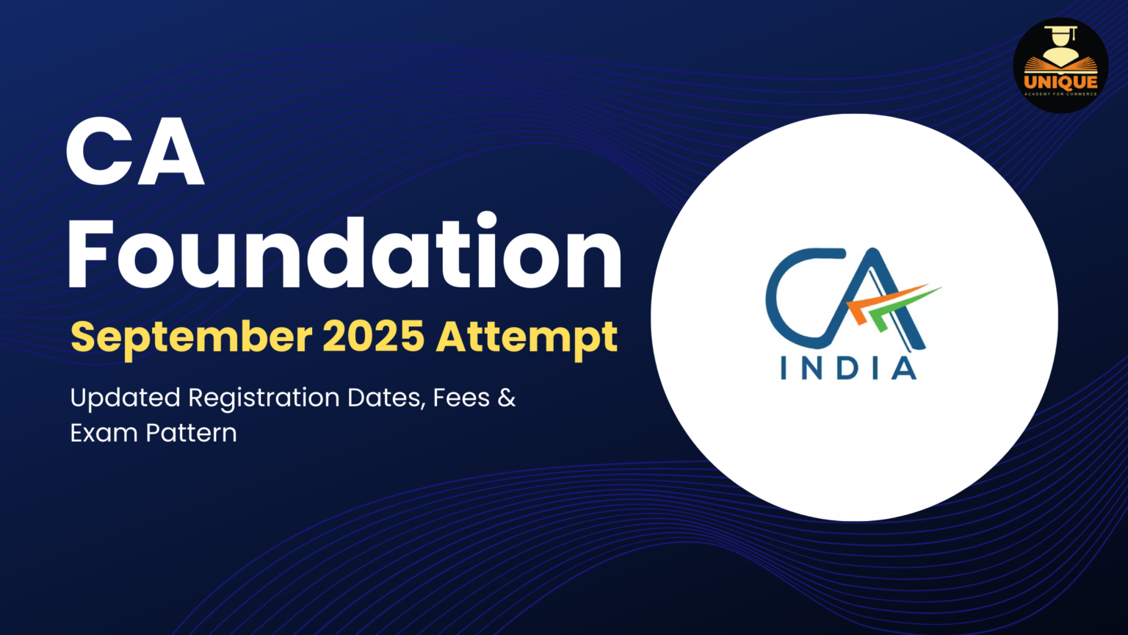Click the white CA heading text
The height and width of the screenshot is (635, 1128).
[x=134, y=154]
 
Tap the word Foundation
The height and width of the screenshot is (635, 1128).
[x=344, y=254]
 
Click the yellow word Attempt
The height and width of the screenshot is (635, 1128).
[x=527, y=337]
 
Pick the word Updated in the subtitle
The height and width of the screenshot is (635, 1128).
[x=125, y=398]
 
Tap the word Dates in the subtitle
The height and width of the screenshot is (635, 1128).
[x=385, y=398]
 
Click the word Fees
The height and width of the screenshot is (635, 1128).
[x=461, y=398]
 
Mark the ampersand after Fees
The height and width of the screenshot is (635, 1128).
[x=507, y=398]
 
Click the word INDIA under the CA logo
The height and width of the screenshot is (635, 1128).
[x=848, y=367]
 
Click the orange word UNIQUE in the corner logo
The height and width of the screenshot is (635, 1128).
[x=1060, y=82]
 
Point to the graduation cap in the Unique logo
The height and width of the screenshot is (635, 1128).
[x=1060, y=34]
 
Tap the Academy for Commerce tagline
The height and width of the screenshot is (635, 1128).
[x=1060, y=94]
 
